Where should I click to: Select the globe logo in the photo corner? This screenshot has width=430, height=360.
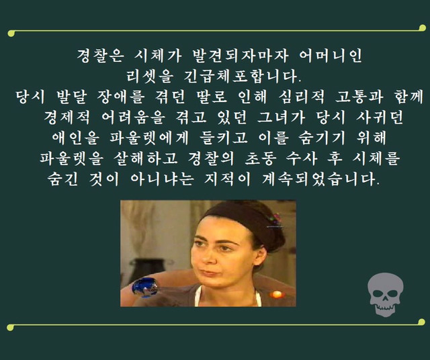click(144, 287)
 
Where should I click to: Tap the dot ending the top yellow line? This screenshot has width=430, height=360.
click(10, 30)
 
